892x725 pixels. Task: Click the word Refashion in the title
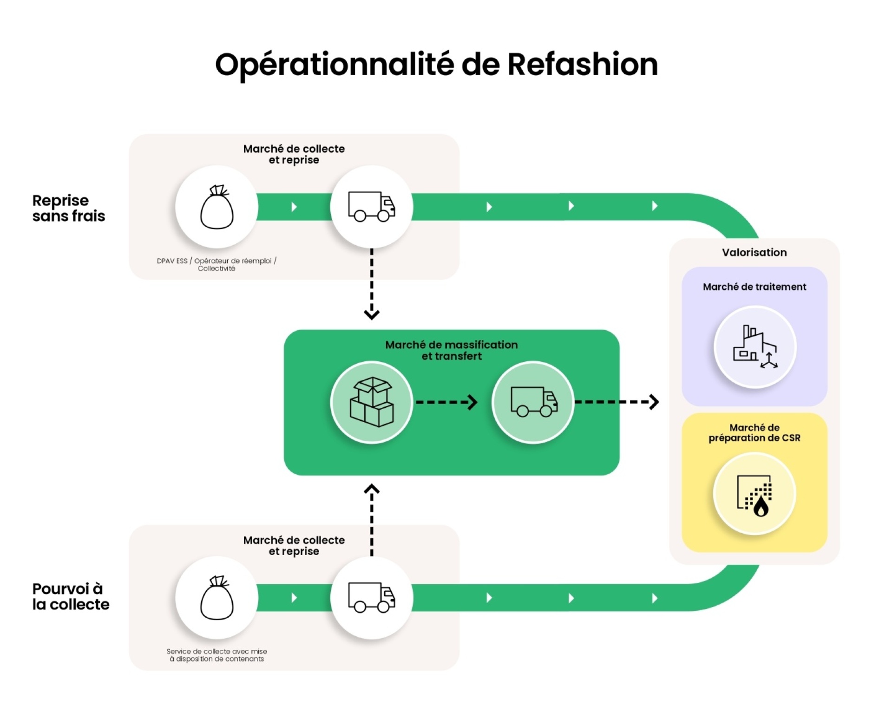583,64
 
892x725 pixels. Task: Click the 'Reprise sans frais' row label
69,208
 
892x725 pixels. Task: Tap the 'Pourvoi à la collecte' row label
71,596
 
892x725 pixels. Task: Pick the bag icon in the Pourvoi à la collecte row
216,598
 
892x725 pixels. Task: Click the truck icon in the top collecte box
372,207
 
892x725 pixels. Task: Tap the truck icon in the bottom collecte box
372,598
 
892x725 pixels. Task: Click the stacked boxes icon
372,402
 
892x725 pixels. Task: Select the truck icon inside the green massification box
534,402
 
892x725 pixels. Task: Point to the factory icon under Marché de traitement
755,346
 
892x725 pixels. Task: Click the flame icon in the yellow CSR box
761,506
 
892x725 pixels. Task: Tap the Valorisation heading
754,252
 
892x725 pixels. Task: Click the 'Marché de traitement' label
754,287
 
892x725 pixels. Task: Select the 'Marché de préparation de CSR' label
754,432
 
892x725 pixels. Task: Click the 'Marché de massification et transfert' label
452,350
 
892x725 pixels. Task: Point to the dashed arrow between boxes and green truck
446,402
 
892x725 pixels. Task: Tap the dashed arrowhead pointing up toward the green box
372,490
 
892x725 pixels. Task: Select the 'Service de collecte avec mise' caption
216,651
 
